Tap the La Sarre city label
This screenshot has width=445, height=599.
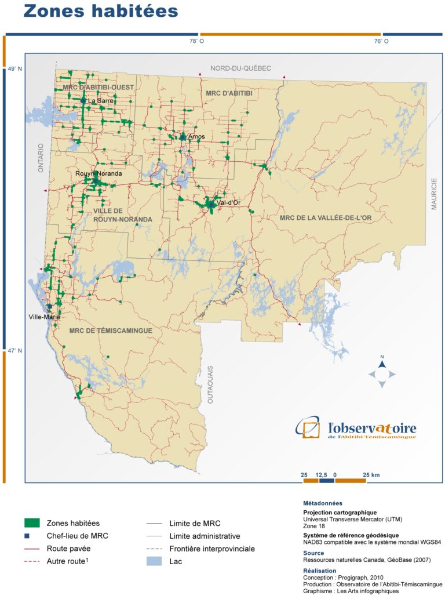coord(101,100)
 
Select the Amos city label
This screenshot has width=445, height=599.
coord(196,136)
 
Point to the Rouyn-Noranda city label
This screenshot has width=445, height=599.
coord(99,173)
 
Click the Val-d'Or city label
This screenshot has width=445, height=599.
coord(228,202)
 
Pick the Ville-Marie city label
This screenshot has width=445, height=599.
coord(45,317)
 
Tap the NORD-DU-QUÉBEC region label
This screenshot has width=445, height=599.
coord(240,68)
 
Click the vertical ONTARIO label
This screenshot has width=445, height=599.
coord(41,158)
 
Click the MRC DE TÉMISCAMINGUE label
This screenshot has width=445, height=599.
coord(110,330)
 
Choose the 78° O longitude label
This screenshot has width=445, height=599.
coord(197,41)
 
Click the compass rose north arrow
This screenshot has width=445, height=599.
coord(382,364)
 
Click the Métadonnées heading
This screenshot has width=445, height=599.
coord(323,503)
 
